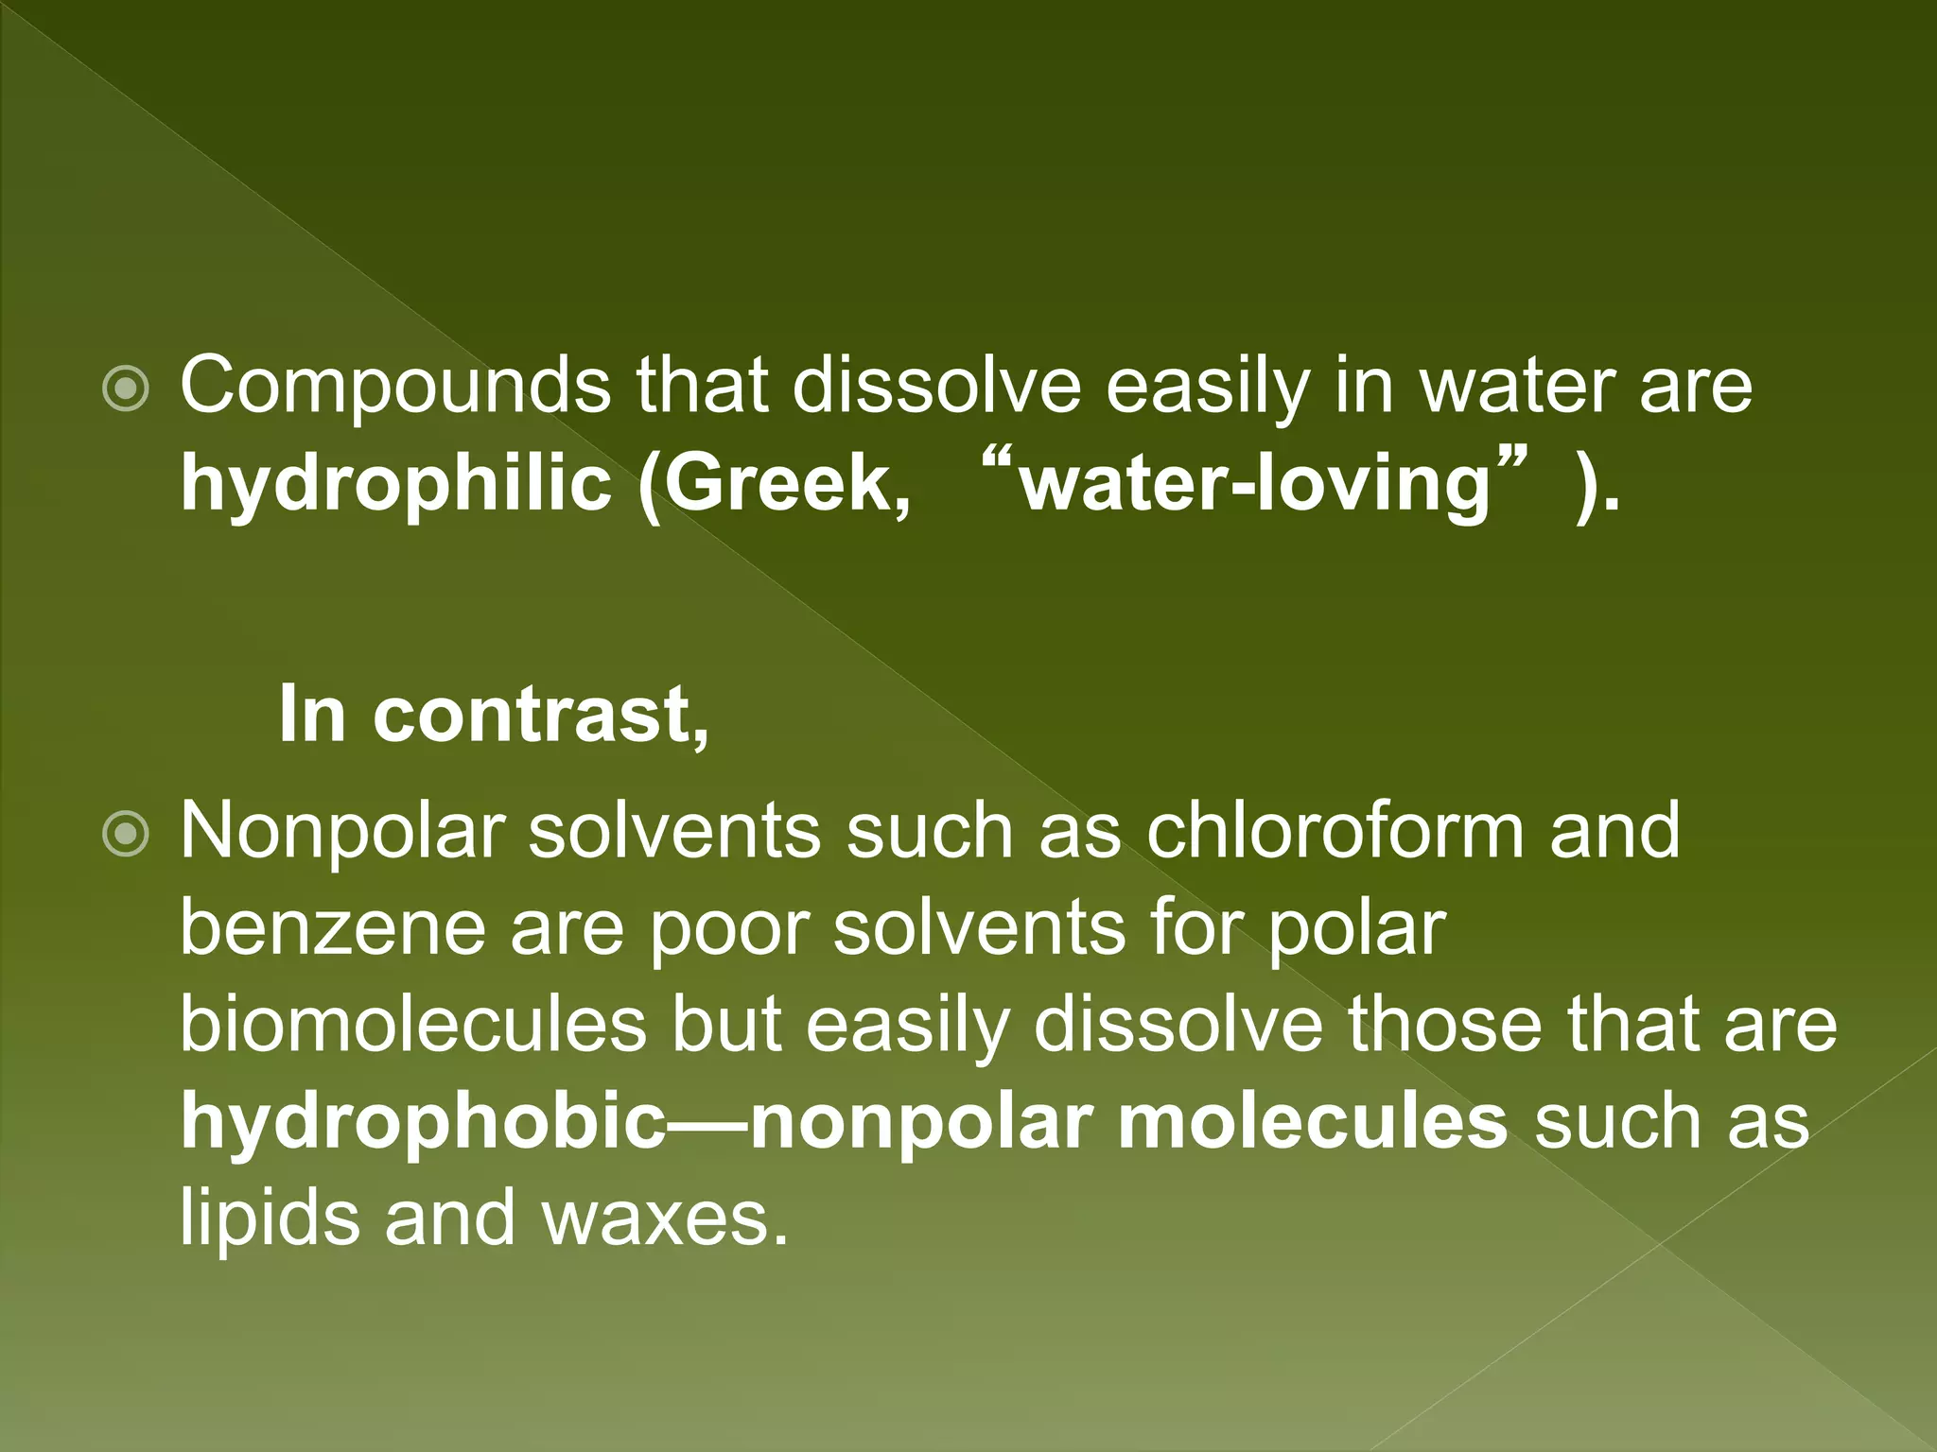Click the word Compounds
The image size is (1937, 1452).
395,387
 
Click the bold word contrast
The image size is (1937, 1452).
539,715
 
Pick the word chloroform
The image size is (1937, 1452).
1335,831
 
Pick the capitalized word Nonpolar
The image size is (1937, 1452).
341,831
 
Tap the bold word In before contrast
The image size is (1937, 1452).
312,715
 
